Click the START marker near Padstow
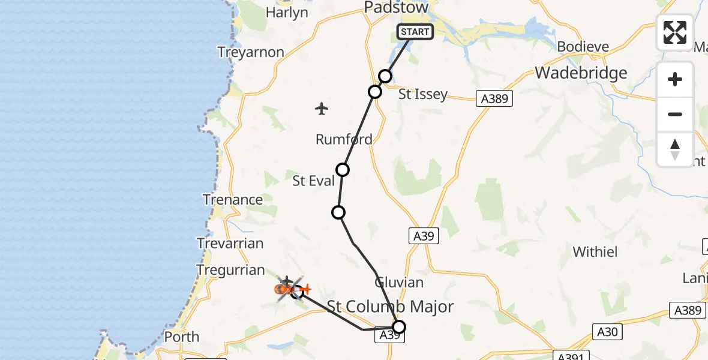[415, 32]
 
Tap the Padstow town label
[397, 8]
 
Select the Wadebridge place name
[581, 73]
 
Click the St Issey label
[424, 94]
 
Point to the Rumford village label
[344, 139]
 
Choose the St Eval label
[313, 181]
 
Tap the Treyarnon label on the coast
[251, 52]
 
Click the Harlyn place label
[287, 13]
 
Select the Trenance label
[233, 200]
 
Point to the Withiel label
[595, 251]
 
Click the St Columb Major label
[390, 307]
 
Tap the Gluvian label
[399, 282]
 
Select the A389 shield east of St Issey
[495, 98]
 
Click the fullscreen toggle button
[675, 32]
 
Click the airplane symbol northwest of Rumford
[322, 109]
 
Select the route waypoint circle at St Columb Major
[398, 327]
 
